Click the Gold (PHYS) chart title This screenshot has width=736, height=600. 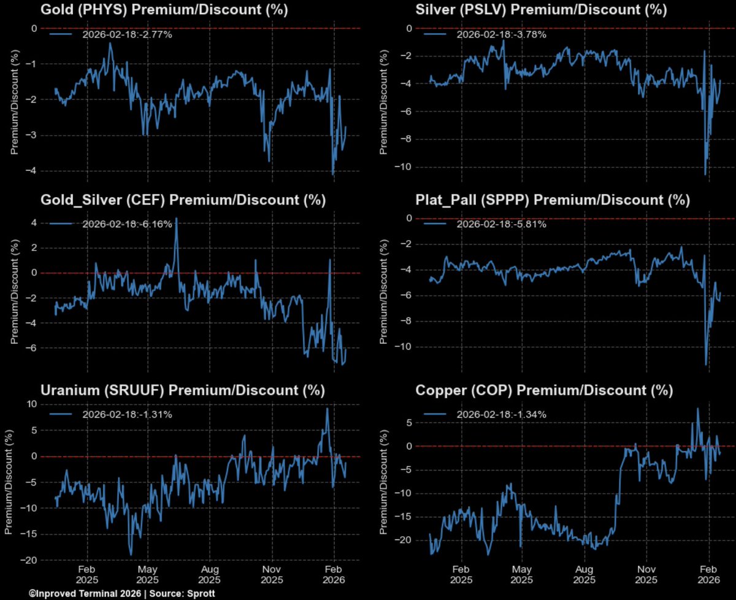coord(164,10)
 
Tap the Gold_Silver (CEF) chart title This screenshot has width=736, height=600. coord(182,200)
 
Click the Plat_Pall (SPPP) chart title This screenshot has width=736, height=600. coord(553,200)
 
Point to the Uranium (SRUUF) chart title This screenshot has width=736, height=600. coord(182,391)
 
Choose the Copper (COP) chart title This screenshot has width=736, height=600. coord(544,391)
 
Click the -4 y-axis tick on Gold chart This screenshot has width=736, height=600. coord(29,171)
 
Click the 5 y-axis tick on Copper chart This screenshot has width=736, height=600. coord(405,423)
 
